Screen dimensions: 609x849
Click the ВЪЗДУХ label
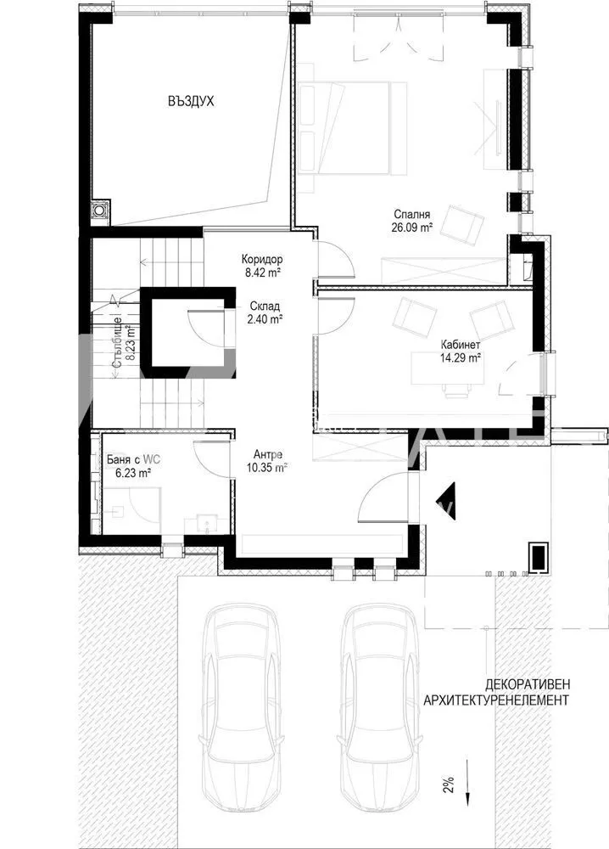tap(190, 101)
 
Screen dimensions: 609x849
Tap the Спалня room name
tap(411, 215)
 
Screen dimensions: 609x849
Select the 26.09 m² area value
tap(411, 228)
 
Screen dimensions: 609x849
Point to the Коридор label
tap(262, 259)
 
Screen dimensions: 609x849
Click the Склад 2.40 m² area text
tap(265, 313)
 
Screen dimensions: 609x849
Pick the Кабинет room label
tap(461, 345)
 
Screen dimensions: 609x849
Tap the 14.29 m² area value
tap(461, 357)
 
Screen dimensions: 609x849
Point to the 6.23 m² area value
tap(133, 473)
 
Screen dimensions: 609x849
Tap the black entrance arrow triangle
tap(447, 501)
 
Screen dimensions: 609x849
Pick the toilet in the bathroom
tap(116, 510)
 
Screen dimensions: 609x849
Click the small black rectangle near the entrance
tap(538, 557)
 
